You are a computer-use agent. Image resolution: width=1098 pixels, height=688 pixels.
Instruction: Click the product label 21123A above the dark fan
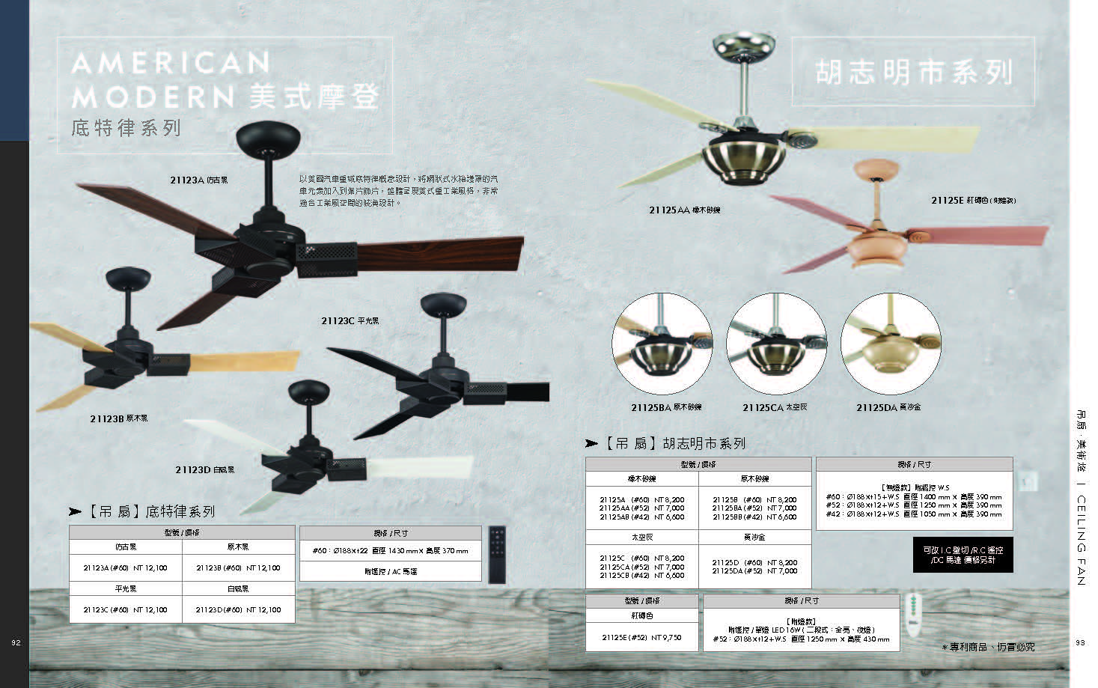198,180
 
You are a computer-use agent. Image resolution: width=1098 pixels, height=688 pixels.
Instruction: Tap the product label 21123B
119,418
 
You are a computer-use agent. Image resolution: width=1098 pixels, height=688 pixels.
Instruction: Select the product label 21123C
350,321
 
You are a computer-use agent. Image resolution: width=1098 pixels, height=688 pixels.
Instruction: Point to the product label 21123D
204,470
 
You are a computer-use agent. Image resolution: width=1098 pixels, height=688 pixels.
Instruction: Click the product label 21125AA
684,210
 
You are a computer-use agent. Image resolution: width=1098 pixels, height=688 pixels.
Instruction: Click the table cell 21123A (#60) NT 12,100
126,568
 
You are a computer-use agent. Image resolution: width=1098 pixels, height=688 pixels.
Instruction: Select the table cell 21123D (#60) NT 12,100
238,610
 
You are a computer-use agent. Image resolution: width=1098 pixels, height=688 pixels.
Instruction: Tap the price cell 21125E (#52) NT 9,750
641,638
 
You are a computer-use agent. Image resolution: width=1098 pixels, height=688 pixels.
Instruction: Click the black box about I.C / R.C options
963,555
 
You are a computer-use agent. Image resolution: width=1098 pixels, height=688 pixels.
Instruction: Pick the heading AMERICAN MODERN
171,79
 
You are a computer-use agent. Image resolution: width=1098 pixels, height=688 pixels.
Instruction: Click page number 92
16,642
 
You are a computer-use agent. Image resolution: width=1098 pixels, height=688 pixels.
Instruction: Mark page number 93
1080,642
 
